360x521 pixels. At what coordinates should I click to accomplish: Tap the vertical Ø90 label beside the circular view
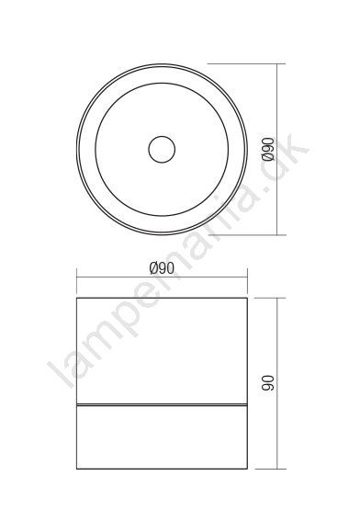pos(268,149)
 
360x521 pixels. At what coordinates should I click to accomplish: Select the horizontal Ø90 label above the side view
pos(162,268)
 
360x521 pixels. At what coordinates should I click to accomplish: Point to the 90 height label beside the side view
pos(268,383)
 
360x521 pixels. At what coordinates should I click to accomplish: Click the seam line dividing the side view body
pos(162,405)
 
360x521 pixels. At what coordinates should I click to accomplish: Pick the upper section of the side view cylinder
pos(162,351)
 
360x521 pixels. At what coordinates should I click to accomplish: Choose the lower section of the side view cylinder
pos(162,437)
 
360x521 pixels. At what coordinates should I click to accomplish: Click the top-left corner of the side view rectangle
pos(77,298)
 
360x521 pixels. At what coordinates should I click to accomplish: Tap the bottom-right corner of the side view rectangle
pos(247,469)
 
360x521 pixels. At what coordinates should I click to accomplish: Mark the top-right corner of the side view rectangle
pos(247,298)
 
